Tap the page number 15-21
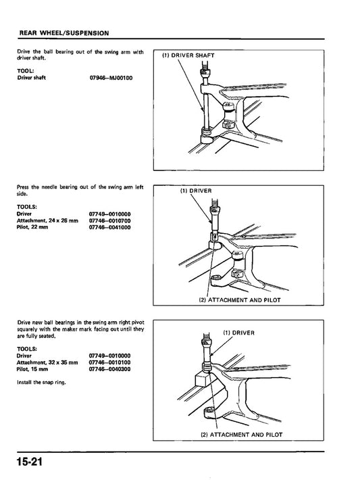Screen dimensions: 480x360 tap(27, 463)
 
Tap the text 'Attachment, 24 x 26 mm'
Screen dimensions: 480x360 tap(47, 220)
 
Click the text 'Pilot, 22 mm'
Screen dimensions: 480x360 tap(32, 227)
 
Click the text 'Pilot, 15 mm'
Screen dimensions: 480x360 tap(32, 370)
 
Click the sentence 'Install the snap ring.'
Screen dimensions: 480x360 tap(40, 382)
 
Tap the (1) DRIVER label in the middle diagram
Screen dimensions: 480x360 tap(196, 191)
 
